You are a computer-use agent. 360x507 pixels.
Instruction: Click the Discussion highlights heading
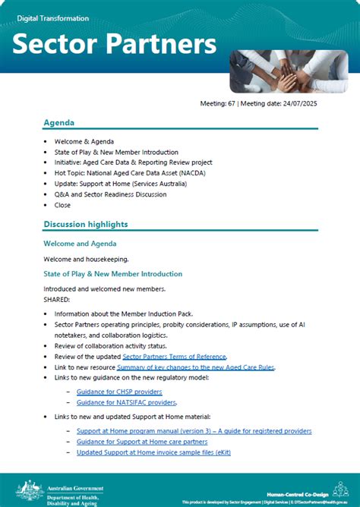point(85,224)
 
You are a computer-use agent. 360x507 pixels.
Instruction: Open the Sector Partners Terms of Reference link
point(174,356)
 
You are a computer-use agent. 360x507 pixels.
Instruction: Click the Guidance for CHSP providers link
point(119,392)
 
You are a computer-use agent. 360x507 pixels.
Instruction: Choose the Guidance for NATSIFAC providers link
point(126,402)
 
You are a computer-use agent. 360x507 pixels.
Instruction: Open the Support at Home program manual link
point(194,431)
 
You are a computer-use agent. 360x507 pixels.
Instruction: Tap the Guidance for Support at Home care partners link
point(142,442)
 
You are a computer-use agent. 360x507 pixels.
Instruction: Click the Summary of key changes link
point(195,367)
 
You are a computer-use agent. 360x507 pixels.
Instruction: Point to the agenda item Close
point(62,205)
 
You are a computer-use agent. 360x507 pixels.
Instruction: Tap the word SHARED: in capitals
point(57,299)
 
